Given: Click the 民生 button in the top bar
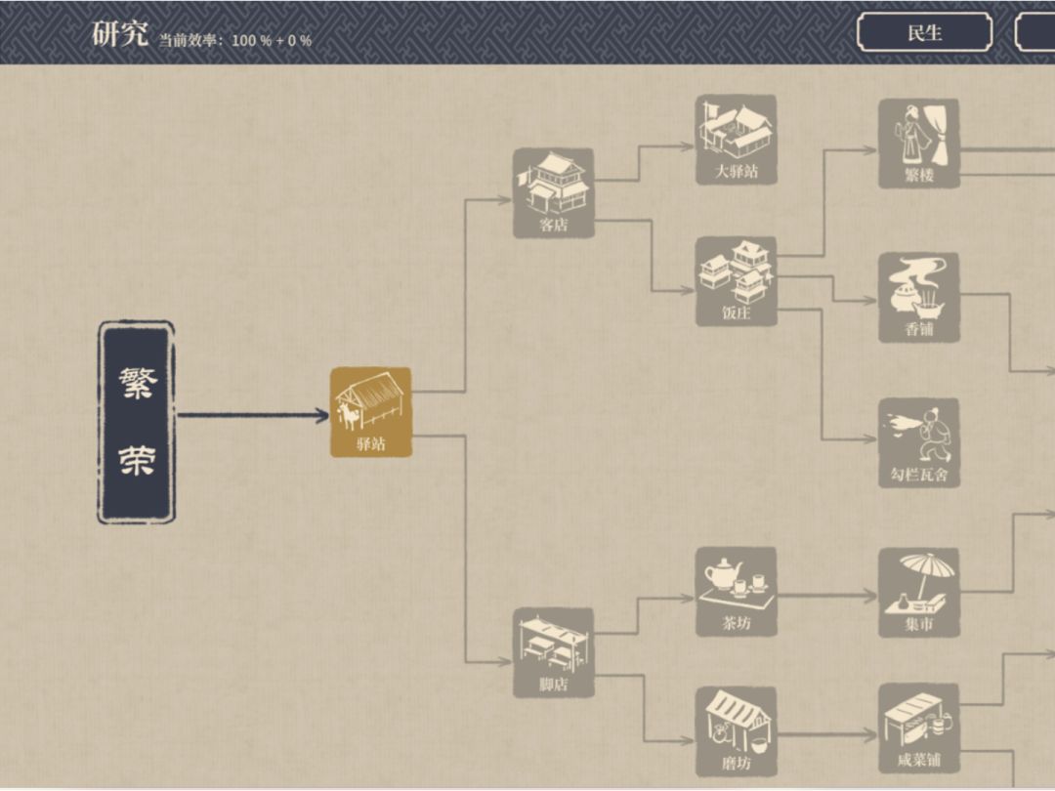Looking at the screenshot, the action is point(924,32).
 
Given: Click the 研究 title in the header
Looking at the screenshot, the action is point(120,33).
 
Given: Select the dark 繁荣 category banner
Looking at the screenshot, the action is point(137,422).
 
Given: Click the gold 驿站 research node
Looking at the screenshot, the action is point(370,412).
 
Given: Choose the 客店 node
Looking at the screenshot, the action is point(553,193).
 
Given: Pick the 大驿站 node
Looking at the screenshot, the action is point(737,140).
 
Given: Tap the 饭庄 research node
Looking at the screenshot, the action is point(737,281).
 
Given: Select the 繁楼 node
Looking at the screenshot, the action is point(919,144).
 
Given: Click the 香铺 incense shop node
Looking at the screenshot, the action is point(919,297).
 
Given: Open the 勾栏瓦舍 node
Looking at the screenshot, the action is point(919,442).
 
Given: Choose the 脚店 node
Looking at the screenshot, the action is point(553,652).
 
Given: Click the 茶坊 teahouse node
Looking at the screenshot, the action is point(737,591).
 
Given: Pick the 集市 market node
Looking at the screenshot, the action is point(919,593).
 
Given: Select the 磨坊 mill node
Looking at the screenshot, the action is point(737,731).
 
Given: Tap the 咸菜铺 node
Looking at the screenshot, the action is point(919,729).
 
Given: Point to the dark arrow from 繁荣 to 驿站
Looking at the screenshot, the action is point(253,415).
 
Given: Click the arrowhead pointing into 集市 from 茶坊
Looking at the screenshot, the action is point(870,595).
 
